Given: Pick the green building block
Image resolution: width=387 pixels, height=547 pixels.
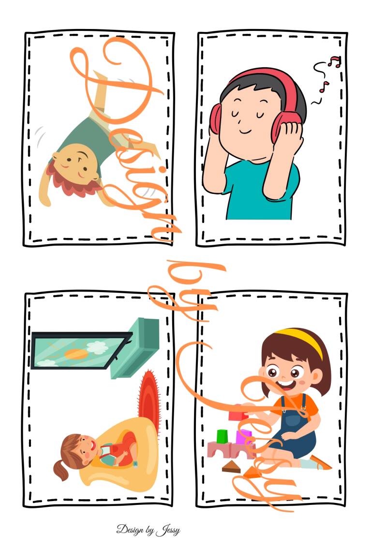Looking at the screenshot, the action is pyautogui.click(x=222, y=436).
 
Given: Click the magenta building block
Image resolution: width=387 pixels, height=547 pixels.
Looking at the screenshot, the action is pyautogui.click(x=243, y=437).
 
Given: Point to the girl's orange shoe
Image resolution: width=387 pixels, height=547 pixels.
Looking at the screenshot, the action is pyautogui.click(x=320, y=463).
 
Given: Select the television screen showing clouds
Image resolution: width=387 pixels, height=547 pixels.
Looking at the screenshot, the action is pyautogui.click(x=81, y=350).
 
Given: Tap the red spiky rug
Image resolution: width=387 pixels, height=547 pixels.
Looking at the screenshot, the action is pyautogui.click(x=149, y=401).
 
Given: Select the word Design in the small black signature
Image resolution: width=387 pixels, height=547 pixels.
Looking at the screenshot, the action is pyautogui.click(x=130, y=530).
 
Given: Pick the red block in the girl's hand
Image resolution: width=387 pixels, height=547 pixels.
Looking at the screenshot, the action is pyautogui.click(x=238, y=415).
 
